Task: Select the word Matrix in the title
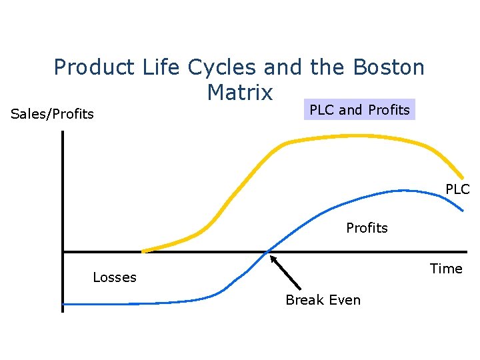click(x=240, y=93)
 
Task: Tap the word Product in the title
click(x=94, y=67)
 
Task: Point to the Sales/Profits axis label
click(x=53, y=114)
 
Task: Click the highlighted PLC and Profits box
click(x=360, y=109)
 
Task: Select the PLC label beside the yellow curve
click(x=457, y=189)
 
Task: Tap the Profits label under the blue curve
click(x=367, y=228)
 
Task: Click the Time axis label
click(x=446, y=269)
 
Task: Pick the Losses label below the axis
click(x=115, y=277)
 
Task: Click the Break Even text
click(x=323, y=300)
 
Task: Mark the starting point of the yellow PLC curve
click(x=143, y=251)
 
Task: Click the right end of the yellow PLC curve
click(x=463, y=176)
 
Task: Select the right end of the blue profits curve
click(x=462, y=211)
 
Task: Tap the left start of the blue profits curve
click(x=64, y=304)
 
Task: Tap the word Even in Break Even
click(x=345, y=300)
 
